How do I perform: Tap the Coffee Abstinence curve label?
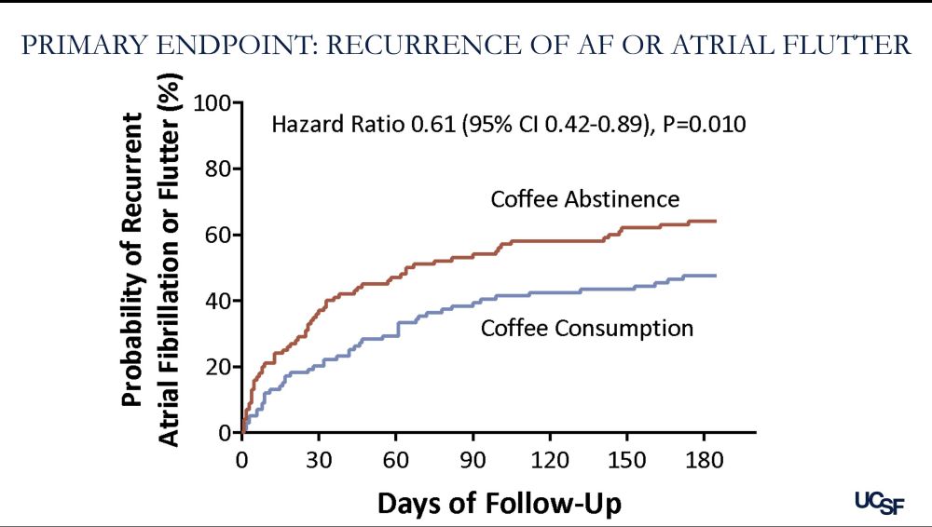[x=584, y=199]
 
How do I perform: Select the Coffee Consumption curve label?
[x=586, y=328]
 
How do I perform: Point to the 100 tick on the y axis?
[x=213, y=102]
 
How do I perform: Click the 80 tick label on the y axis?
[x=218, y=169]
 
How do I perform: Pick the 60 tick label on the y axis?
[x=218, y=235]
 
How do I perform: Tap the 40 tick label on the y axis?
[x=218, y=301]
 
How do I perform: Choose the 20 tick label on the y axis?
[x=218, y=367]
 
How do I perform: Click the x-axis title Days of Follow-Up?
[x=499, y=503]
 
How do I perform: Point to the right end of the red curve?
[x=715, y=221]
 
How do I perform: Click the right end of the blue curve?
[x=715, y=276]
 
